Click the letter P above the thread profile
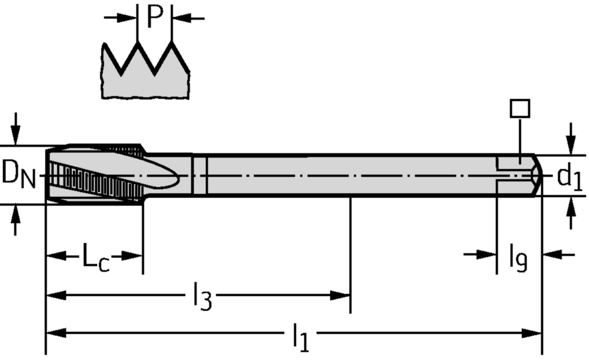pos(155,17)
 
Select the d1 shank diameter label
pos(569,178)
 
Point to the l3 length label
pos(201,298)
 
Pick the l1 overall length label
pos(300,337)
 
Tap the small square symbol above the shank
pos(520,109)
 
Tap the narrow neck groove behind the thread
pos(199,175)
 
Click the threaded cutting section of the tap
pos(95,174)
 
